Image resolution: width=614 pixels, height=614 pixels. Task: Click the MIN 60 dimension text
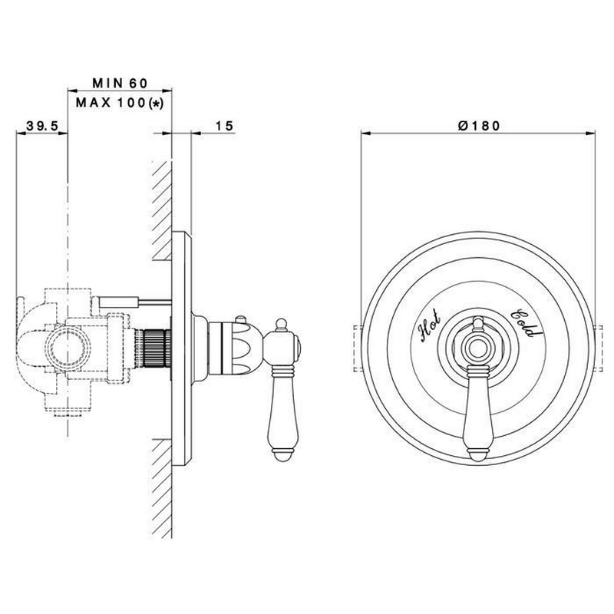(x=120, y=83)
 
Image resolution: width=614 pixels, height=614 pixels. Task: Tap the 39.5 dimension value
(x=42, y=126)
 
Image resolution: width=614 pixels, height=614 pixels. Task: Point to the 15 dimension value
(x=224, y=126)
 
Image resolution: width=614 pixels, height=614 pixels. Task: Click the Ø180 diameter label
(x=479, y=126)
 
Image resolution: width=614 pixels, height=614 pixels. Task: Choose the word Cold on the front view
(x=527, y=323)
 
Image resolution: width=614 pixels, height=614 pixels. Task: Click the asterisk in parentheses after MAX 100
(x=157, y=104)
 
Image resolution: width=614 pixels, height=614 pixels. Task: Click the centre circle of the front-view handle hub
(x=477, y=347)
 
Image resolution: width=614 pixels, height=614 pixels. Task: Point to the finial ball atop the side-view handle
(x=281, y=323)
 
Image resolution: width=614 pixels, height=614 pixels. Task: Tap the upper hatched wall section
(x=162, y=210)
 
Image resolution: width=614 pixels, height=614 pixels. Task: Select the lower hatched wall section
(x=162, y=488)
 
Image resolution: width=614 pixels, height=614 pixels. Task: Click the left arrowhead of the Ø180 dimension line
(x=366, y=134)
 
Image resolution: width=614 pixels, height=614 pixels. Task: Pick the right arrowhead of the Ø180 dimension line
(x=590, y=134)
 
